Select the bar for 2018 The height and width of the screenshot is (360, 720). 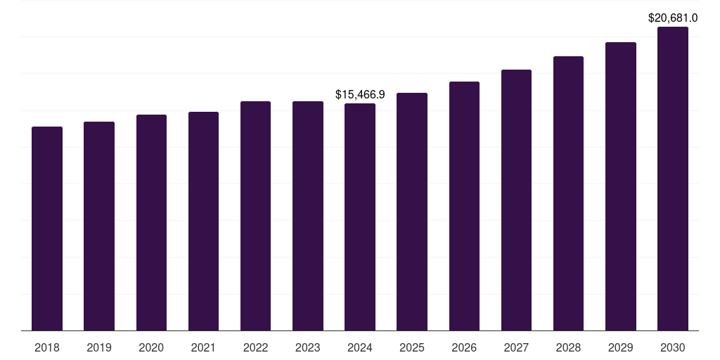click(47, 229)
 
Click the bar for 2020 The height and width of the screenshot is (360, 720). click(151, 222)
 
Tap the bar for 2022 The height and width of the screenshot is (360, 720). click(255, 216)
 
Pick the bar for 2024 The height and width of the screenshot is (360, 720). click(360, 217)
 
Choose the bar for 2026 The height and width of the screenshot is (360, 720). click(464, 206)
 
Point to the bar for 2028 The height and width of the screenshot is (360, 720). click(568, 193)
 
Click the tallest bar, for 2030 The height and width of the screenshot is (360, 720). click(672, 179)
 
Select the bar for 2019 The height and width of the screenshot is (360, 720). click(99, 226)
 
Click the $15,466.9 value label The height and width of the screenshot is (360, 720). click(360, 94)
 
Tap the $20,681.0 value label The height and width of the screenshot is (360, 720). click(672, 18)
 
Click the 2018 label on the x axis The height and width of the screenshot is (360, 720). click(47, 347)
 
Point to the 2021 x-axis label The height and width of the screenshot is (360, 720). click(203, 347)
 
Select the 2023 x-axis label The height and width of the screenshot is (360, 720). click(308, 347)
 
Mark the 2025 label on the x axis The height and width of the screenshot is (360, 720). click(412, 347)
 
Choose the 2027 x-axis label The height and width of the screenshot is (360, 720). click(516, 347)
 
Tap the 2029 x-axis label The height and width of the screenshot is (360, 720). click(620, 347)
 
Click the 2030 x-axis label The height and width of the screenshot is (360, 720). click(672, 347)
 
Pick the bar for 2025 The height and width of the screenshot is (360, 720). click(412, 212)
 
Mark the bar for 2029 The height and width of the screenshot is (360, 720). click(620, 186)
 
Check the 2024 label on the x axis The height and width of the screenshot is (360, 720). click(360, 347)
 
